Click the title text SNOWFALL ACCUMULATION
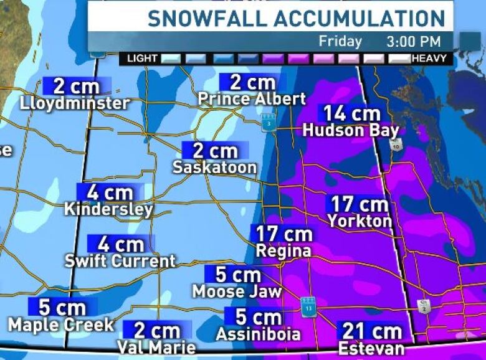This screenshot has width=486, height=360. [x=296, y=18]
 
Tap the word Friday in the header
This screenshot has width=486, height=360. [x=340, y=42]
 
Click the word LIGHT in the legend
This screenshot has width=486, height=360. [x=142, y=59]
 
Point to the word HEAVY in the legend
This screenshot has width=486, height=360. [x=429, y=59]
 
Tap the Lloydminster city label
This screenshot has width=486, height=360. [x=75, y=103]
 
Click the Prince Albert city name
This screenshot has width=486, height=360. [x=252, y=99]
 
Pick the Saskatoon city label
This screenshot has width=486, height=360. [x=214, y=167]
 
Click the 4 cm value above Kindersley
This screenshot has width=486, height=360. [x=110, y=192]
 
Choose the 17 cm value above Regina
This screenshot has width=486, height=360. [x=284, y=234]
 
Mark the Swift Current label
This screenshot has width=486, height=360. [x=120, y=260]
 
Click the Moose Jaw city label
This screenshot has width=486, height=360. [x=237, y=291]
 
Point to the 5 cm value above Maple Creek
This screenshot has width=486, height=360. [x=62, y=307]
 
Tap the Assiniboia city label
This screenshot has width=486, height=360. [x=258, y=334]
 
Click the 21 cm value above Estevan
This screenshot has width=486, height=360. [x=371, y=331]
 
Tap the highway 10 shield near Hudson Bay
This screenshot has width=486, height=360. [x=394, y=144]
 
